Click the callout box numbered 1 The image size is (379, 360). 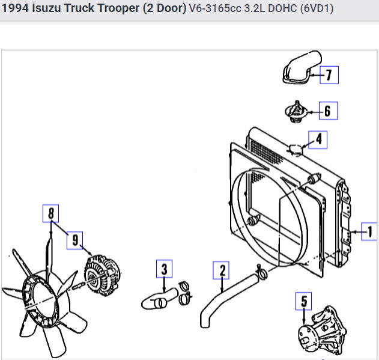(369, 231)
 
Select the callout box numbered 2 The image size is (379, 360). (221, 270)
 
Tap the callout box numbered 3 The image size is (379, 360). (165, 269)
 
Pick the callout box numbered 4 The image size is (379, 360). (318, 140)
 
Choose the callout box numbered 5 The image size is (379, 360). (303, 301)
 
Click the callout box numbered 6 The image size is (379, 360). (328, 111)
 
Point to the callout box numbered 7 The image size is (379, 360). (329, 75)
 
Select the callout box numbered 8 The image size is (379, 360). (51, 213)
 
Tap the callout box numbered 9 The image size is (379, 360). (75, 240)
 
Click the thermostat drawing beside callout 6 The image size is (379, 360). (296, 112)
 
